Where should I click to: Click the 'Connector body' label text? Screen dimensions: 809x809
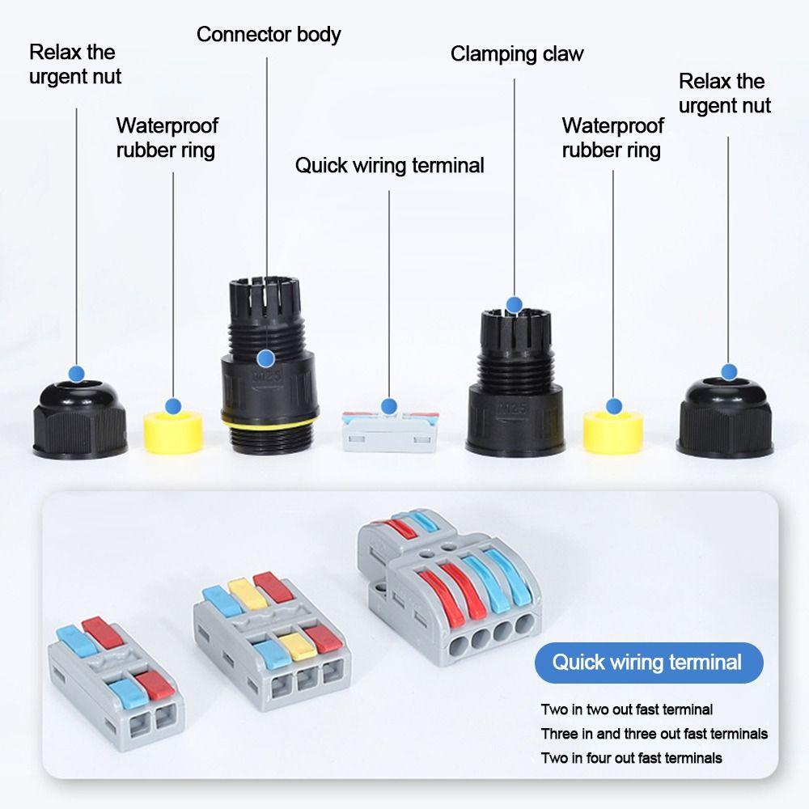click(x=269, y=35)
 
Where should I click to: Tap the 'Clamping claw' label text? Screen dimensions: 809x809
click(x=517, y=54)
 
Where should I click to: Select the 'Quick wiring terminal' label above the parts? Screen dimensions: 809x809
click(x=389, y=166)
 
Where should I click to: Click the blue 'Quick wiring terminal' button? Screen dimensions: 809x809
click(x=648, y=663)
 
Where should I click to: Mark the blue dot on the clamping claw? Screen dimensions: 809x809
click(x=514, y=304)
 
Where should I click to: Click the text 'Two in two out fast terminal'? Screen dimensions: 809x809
click(x=626, y=709)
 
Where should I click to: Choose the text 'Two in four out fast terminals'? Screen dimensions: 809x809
click(x=631, y=758)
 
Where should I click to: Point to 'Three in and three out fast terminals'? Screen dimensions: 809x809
click(x=654, y=734)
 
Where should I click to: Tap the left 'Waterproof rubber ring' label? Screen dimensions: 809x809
click(x=167, y=138)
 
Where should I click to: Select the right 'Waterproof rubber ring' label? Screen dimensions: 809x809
click(x=612, y=138)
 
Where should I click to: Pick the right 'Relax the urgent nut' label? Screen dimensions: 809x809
click(x=724, y=93)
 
